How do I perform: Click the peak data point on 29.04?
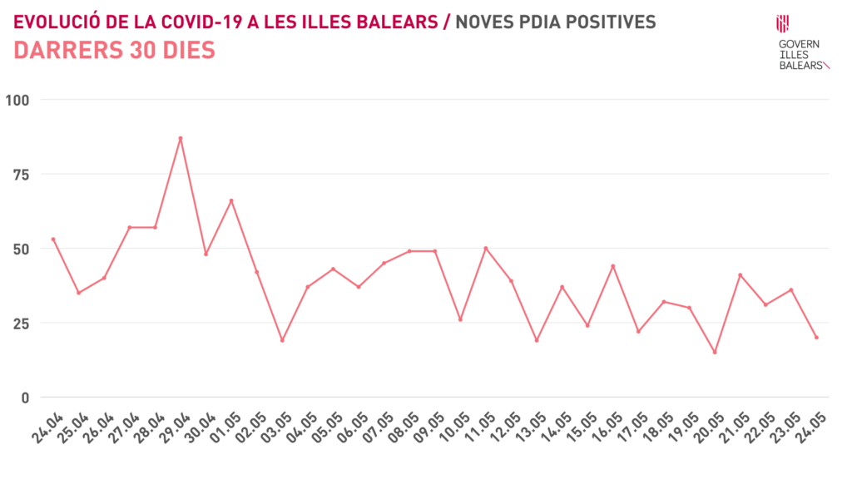click(x=181, y=138)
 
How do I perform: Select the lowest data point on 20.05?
click(x=715, y=352)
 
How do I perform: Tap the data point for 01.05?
click(x=231, y=200)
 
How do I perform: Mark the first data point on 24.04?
click(x=53, y=239)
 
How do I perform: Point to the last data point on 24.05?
click(x=816, y=338)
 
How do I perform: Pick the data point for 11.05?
click(x=486, y=248)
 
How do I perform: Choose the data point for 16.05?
click(x=613, y=266)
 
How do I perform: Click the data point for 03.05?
click(x=282, y=340)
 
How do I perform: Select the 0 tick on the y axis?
click(x=24, y=397)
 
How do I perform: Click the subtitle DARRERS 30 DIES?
click(x=115, y=51)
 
